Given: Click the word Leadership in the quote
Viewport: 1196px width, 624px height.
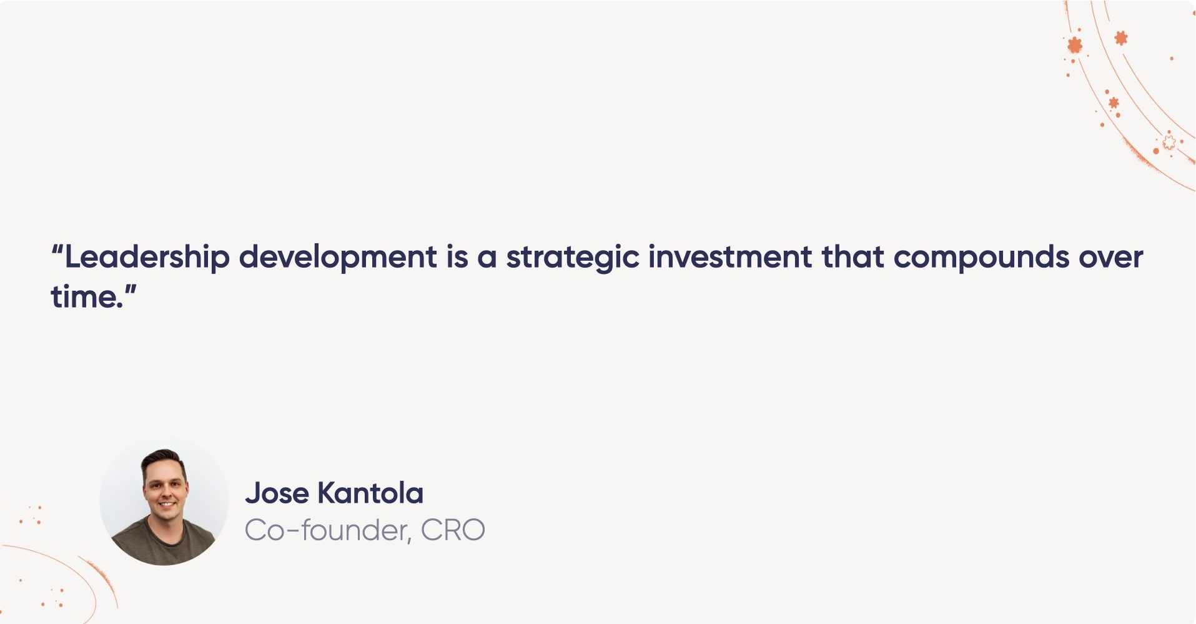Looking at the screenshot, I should (x=147, y=258).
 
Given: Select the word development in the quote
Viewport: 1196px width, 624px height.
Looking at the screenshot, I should (x=338, y=258).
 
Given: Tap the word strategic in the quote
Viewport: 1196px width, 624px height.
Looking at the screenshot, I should (x=572, y=258).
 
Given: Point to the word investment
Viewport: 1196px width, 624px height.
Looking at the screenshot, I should (x=730, y=258).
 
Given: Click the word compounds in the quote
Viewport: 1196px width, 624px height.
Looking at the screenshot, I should (x=981, y=258).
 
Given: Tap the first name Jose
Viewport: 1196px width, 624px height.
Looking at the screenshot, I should (x=277, y=493).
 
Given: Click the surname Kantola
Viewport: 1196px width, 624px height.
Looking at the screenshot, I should (x=370, y=493).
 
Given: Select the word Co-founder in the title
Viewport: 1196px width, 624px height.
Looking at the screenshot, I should (x=327, y=530).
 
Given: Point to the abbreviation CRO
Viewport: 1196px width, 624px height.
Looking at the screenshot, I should (x=453, y=530).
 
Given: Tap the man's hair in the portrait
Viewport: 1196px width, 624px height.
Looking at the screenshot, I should (x=163, y=457).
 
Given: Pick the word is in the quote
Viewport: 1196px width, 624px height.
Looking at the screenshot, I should (x=457, y=258).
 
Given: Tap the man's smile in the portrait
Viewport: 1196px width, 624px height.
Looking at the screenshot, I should (x=167, y=503).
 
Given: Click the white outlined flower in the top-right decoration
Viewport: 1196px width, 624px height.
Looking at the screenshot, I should (x=1169, y=143).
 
